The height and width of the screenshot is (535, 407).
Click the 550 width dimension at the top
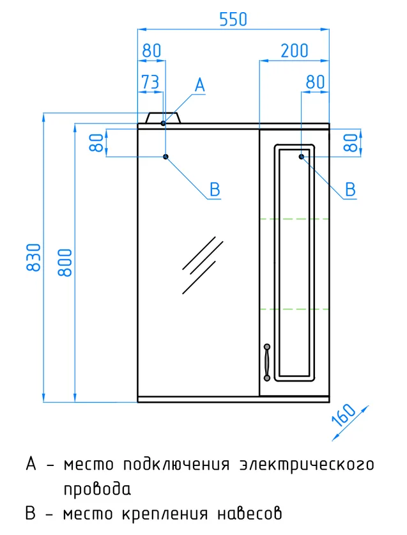click(233, 19)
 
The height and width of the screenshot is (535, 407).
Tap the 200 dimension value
click(295, 51)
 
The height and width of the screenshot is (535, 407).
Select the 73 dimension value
click(150, 82)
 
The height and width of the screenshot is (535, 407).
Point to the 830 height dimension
click(34, 257)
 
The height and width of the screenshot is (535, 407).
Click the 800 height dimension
click(65, 262)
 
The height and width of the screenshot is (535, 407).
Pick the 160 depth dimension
click(344, 415)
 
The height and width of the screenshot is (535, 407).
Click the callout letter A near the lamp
click(200, 85)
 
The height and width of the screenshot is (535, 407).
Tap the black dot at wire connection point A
click(163, 123)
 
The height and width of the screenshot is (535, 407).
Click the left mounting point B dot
click(165, 157)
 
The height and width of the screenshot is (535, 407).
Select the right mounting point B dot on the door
click(301, 157)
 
